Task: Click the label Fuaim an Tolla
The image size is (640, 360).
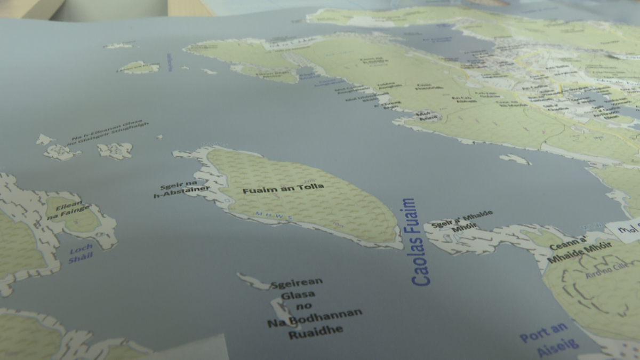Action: pyautogui.click(x=283, y=188)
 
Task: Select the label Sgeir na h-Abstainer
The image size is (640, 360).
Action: pyautogui.click(x=181, y=188)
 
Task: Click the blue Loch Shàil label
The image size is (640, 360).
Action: pyautogui.click(x=81, y=253)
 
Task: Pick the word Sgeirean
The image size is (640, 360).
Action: pyautogui.click(x=296, y=283)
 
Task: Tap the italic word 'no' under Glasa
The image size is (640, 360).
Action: pyautogui.click(x=304, y=306)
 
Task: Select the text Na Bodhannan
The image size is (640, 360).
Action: pyautogui.click(x=314, y=318)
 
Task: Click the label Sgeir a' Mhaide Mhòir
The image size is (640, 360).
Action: pyautogui.click(x=460, y=223)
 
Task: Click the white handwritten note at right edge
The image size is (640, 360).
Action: pyautogui.click(x=623, y=231)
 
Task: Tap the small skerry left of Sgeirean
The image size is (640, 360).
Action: pyautogui.click(x=253, y=281)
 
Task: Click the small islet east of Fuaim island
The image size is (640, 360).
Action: pyautogui.click(x=515, y=158)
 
